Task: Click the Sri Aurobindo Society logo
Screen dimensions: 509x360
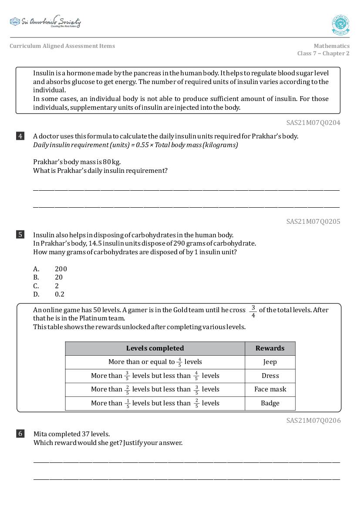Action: point(45,22)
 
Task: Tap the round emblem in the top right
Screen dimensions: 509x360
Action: point(340,25)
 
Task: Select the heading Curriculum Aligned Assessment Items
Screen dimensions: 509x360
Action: point(62,46)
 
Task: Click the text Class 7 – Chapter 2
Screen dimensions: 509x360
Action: point(323,54)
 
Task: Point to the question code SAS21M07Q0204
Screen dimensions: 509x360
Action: point(313,123)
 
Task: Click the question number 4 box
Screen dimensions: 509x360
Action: point(20,136)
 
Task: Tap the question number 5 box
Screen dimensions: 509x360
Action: point(20,235)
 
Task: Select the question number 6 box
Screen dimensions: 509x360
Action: point(20,434)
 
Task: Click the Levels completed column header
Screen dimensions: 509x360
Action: point(155,348)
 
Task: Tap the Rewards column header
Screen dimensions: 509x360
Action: point(270,348)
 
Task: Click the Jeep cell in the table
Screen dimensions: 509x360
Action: point(270,362)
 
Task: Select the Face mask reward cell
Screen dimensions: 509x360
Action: point(270,389)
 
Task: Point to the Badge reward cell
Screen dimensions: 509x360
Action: point(270,403)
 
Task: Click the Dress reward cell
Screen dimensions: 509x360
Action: point(270,376)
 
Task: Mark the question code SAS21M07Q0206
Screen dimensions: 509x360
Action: point(313,421)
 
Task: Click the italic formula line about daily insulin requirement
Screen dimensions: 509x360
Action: point(135,145)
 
